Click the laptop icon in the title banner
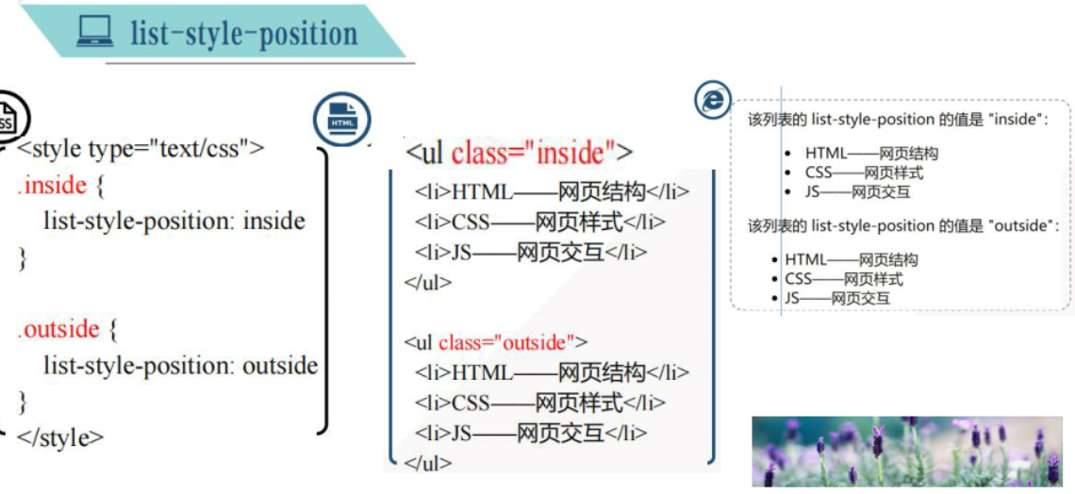coord(94,33)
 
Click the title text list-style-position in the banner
coord(243,34)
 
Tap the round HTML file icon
coord(341,119)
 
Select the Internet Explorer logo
coord(712,100)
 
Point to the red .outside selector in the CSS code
coord(58,329)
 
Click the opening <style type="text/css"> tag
coord(141,149)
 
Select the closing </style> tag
coord(60,437)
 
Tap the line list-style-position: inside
coord(174,222)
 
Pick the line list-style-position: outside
coord(180,366)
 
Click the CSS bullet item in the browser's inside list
coord(864,173)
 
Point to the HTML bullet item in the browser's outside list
coord(851,259)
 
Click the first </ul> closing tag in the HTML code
coord(428,281)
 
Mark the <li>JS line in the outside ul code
coord(531,433)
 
